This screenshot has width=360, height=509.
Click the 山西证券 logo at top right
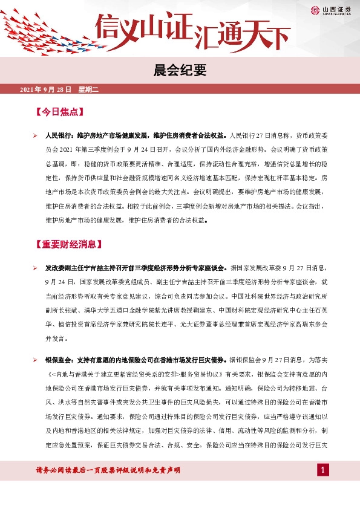[x=330, y=10]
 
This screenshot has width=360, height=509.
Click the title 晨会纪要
[x=180, y=71]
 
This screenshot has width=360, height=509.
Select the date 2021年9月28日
[x=46, y=89]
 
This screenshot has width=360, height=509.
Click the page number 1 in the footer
[x=323, y=470]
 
